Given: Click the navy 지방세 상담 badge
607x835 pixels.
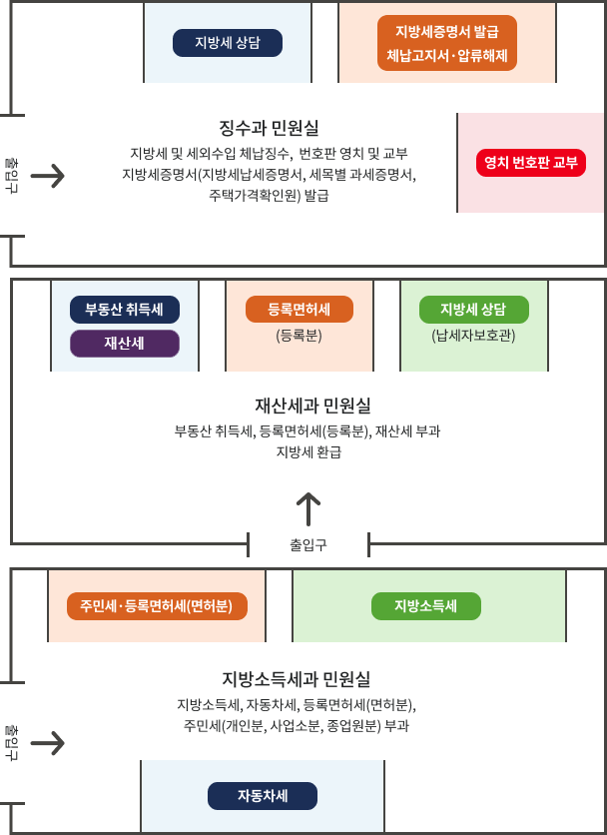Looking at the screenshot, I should (227, 43).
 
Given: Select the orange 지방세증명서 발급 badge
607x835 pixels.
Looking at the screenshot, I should (446, 43).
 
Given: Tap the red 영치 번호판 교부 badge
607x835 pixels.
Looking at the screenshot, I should (530, 163).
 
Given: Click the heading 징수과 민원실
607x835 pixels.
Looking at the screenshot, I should (269, 128).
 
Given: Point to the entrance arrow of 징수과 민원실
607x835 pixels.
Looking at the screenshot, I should (47, 177).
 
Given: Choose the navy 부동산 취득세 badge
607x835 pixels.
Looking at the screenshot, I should (125, 309).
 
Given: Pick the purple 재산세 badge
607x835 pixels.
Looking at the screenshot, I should (125, 344).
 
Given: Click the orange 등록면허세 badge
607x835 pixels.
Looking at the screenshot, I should (300, 309).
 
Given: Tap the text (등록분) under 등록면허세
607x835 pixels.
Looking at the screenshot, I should (300, 336).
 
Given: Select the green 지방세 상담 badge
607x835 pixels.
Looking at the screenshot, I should (473, 309).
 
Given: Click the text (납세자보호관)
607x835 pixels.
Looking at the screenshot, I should (473, 336).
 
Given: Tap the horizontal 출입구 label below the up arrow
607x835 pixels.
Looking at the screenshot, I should (308, 545).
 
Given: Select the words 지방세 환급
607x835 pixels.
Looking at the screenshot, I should (308, 452).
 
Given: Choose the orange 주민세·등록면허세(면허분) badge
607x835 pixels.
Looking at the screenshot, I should (157, 606).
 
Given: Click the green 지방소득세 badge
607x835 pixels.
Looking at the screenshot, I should (425, 606).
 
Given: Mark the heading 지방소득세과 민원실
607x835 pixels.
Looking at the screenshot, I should (297, 679).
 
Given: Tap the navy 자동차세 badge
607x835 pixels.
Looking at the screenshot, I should (263, 796).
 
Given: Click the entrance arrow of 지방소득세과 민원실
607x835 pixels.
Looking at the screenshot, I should (47, 744).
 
